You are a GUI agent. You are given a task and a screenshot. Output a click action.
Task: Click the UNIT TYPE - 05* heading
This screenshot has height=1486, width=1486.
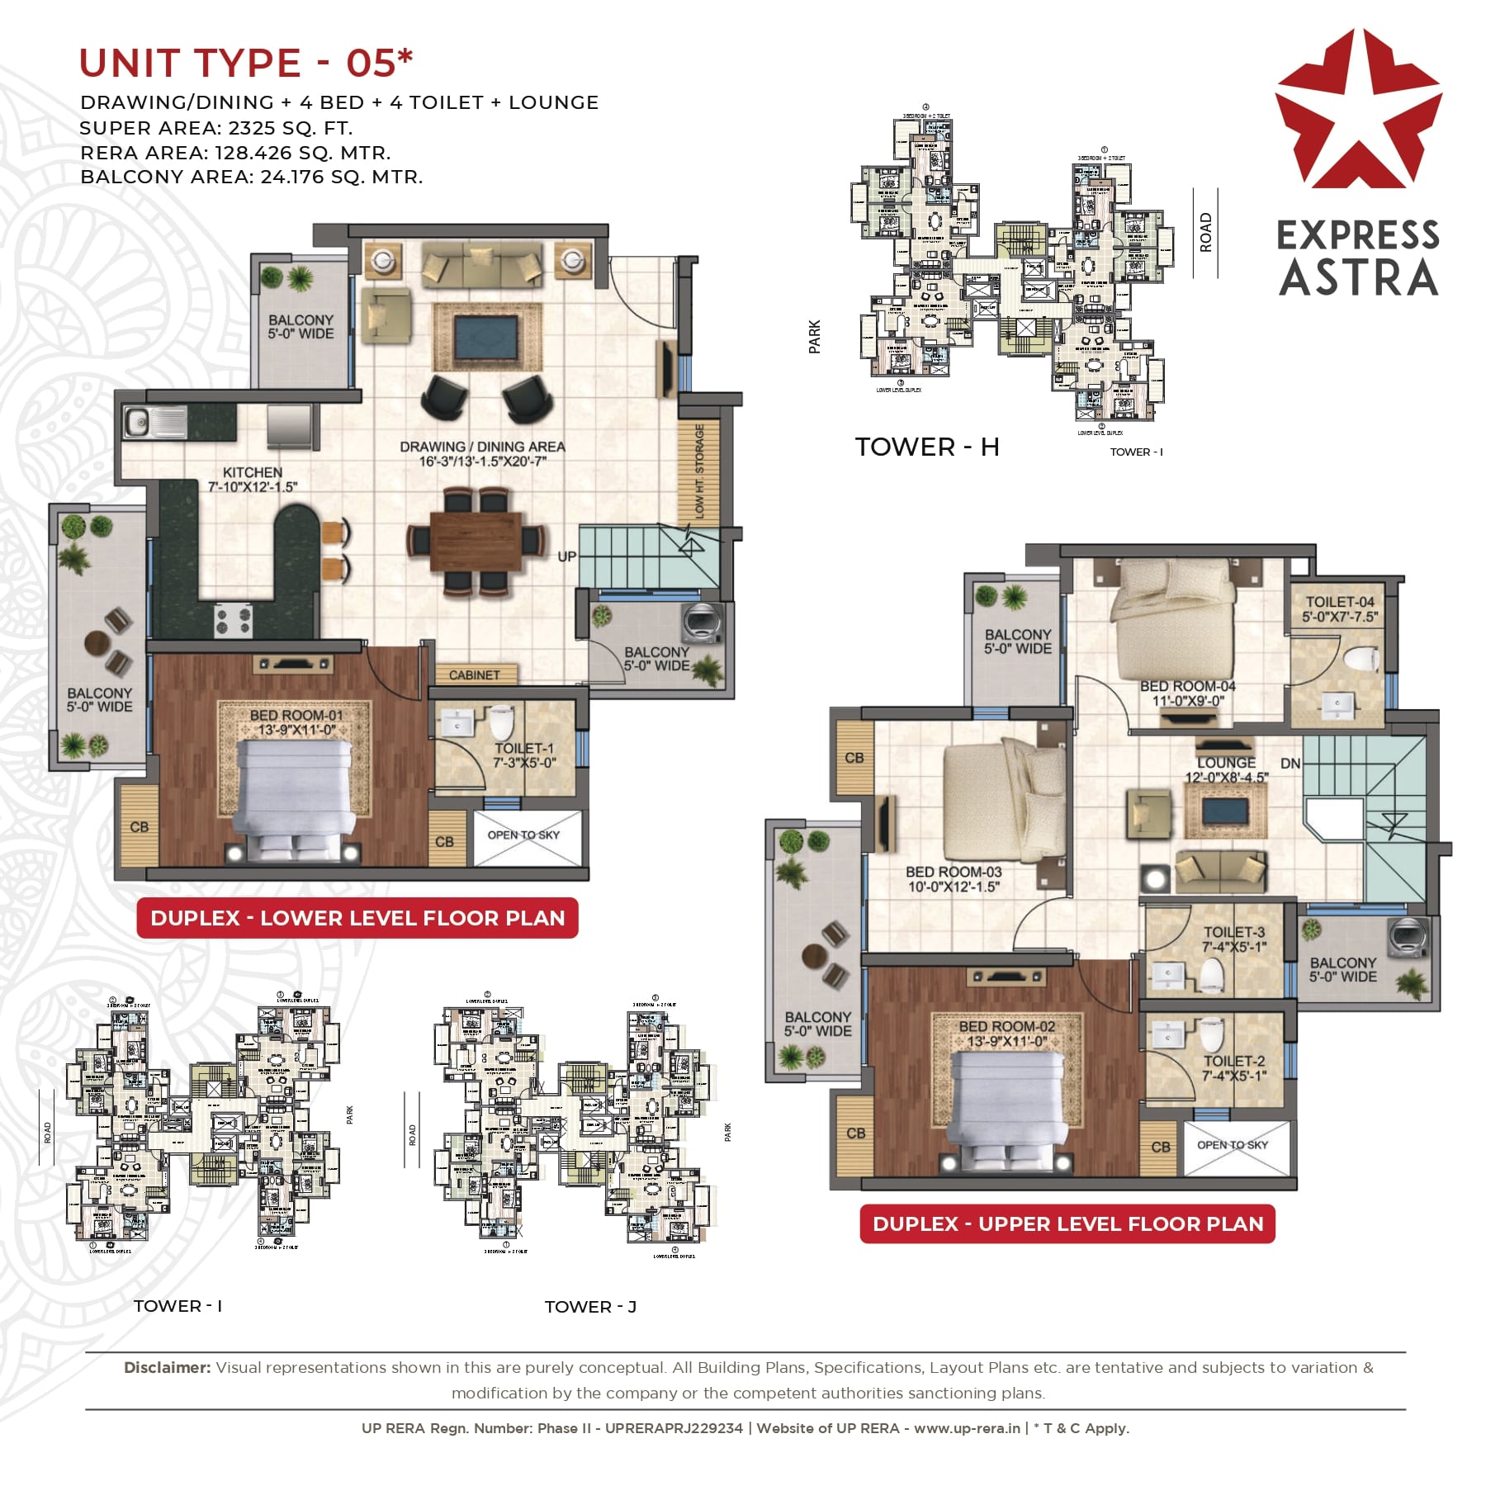coord(245,64)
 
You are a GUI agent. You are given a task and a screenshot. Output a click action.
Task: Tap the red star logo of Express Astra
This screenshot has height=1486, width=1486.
coord(1358,111)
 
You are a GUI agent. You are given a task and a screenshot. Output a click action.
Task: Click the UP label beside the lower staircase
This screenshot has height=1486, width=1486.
coord(566,556)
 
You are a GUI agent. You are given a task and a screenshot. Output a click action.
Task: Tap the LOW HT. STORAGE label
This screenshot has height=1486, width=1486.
coord(699,471)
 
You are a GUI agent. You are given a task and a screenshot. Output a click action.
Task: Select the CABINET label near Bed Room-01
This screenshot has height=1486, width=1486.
coord(474,674)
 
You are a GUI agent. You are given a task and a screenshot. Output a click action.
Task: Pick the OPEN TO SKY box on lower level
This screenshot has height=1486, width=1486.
coord(523,835)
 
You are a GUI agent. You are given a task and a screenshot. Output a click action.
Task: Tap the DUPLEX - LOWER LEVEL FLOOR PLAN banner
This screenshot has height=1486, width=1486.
coord(357,918)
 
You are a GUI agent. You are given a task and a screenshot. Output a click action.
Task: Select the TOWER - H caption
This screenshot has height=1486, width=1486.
coord(926,447)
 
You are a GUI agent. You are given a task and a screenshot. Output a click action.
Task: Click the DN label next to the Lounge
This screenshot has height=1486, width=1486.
coord(1290,764)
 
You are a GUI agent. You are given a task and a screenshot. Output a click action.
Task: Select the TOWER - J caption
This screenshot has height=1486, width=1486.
coord(590,1307)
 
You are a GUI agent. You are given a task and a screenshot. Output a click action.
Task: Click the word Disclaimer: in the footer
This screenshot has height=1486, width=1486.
coord(168,1368)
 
